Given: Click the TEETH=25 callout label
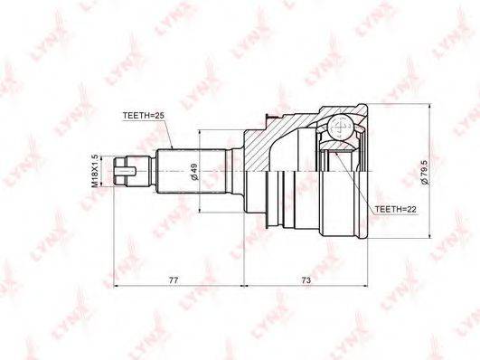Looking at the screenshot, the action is coord(144,116).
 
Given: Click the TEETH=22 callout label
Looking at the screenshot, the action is coord(396,209).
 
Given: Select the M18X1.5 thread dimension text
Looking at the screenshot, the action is coord(95,171).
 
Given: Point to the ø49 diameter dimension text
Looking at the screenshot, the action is coord(194,172).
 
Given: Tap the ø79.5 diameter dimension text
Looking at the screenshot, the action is coord(426,172).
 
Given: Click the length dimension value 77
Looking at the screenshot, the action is coord(174,280).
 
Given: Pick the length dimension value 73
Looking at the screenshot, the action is coord(306,280).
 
